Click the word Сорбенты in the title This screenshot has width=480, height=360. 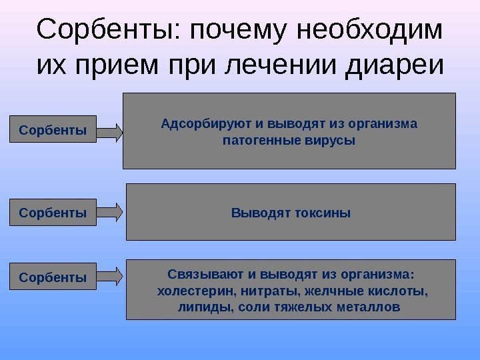pos(111,29)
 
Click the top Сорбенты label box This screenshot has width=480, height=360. pos(53,130)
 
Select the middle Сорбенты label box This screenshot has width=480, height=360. pos(53,213)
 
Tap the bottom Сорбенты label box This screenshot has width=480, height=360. pos(53,275)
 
